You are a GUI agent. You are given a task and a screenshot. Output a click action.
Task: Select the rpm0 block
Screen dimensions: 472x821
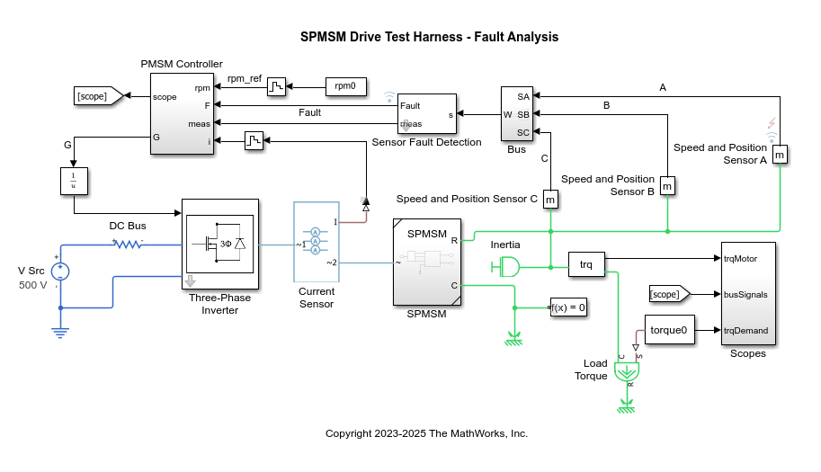[x=345, y=86]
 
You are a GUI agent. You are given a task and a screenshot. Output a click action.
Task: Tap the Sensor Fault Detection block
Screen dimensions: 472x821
[x=427, y=114]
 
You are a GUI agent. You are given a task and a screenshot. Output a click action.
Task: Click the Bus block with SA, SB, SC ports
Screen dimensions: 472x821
[x=516, y=114]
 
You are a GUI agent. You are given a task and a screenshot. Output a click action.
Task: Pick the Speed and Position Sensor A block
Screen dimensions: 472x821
[x=780, y=155]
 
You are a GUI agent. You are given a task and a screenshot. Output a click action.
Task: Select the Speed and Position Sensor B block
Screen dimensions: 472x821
[x=666, y=185]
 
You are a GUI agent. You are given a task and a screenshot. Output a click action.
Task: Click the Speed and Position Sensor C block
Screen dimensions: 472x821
[x=549, y=199]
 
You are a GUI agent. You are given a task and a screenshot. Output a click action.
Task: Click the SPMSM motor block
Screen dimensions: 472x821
[x=426, y=262]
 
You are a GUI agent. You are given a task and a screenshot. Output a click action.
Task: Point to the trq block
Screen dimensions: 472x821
[x=585, y=264]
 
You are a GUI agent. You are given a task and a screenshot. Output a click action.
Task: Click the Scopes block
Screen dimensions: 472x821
[x=747, y=294]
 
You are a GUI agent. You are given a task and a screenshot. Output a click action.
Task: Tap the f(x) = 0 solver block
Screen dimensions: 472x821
[x=568, y=307]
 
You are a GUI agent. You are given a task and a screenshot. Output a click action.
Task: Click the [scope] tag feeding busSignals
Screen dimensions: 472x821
[x=668, y=294]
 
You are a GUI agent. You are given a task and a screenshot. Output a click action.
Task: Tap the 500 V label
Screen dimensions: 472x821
[x=33, y=285]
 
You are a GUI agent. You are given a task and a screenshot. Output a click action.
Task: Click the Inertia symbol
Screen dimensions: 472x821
[x=506, y=266]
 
